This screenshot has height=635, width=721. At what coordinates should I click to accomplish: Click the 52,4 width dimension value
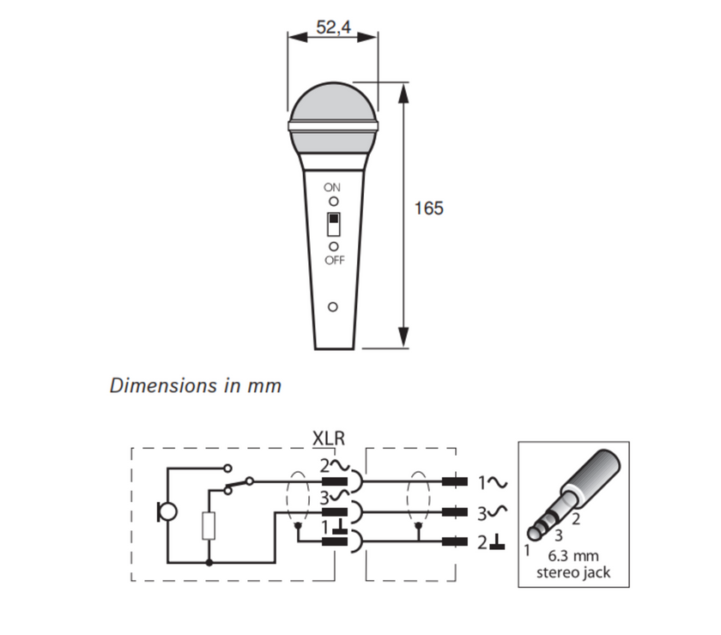333,27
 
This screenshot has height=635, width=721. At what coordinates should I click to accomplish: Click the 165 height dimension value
428,209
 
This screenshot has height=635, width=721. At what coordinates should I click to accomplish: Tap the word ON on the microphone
332,187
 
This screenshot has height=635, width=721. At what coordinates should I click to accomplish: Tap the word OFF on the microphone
333,261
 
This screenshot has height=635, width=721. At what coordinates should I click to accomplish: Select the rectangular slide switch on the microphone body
333,224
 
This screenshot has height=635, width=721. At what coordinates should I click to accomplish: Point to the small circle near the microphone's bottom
333,307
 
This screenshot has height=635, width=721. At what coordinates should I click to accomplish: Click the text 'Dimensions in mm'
196,385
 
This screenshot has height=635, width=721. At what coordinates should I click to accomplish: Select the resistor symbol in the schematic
209,525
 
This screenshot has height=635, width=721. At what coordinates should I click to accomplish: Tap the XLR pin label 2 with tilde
330,466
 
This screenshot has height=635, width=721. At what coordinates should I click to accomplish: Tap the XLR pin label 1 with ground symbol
331,525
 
